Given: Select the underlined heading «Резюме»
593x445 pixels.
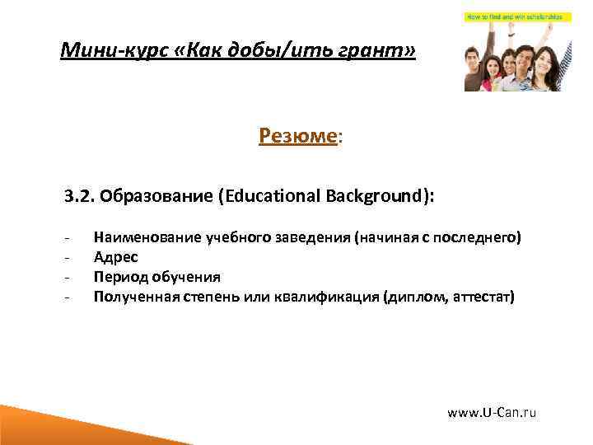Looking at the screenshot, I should click(x=298, y=135).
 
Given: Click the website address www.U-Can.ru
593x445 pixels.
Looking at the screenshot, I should click(x=491, y=412).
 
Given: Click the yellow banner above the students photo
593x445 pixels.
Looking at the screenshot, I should click(x=511, y=17).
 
